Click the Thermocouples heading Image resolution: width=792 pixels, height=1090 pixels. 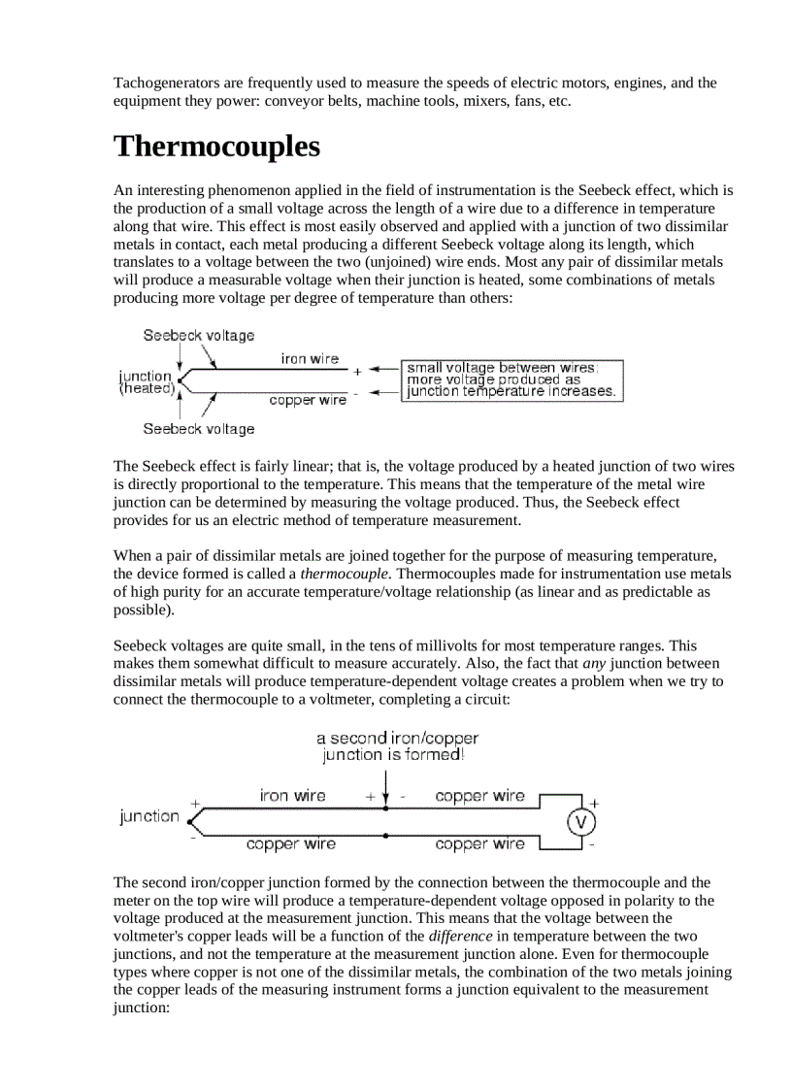(216, 147)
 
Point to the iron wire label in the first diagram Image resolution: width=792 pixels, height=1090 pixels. (310, 358)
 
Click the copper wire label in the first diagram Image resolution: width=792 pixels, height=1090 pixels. (307, 400)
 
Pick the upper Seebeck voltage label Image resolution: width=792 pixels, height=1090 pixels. (199, 335)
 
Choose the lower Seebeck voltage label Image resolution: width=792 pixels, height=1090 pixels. (199, 429)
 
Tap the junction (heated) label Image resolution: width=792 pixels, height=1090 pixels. (146, 381)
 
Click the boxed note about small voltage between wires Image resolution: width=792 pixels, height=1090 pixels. (511, 380)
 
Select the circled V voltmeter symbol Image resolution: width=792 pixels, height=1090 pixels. (580, 822)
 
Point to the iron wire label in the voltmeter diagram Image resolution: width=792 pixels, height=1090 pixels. (292, 796)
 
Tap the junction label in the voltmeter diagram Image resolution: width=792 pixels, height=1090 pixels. (148, 816)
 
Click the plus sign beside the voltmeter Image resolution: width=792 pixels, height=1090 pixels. (594, 803)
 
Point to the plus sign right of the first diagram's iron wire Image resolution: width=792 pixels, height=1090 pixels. (356, 370)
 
